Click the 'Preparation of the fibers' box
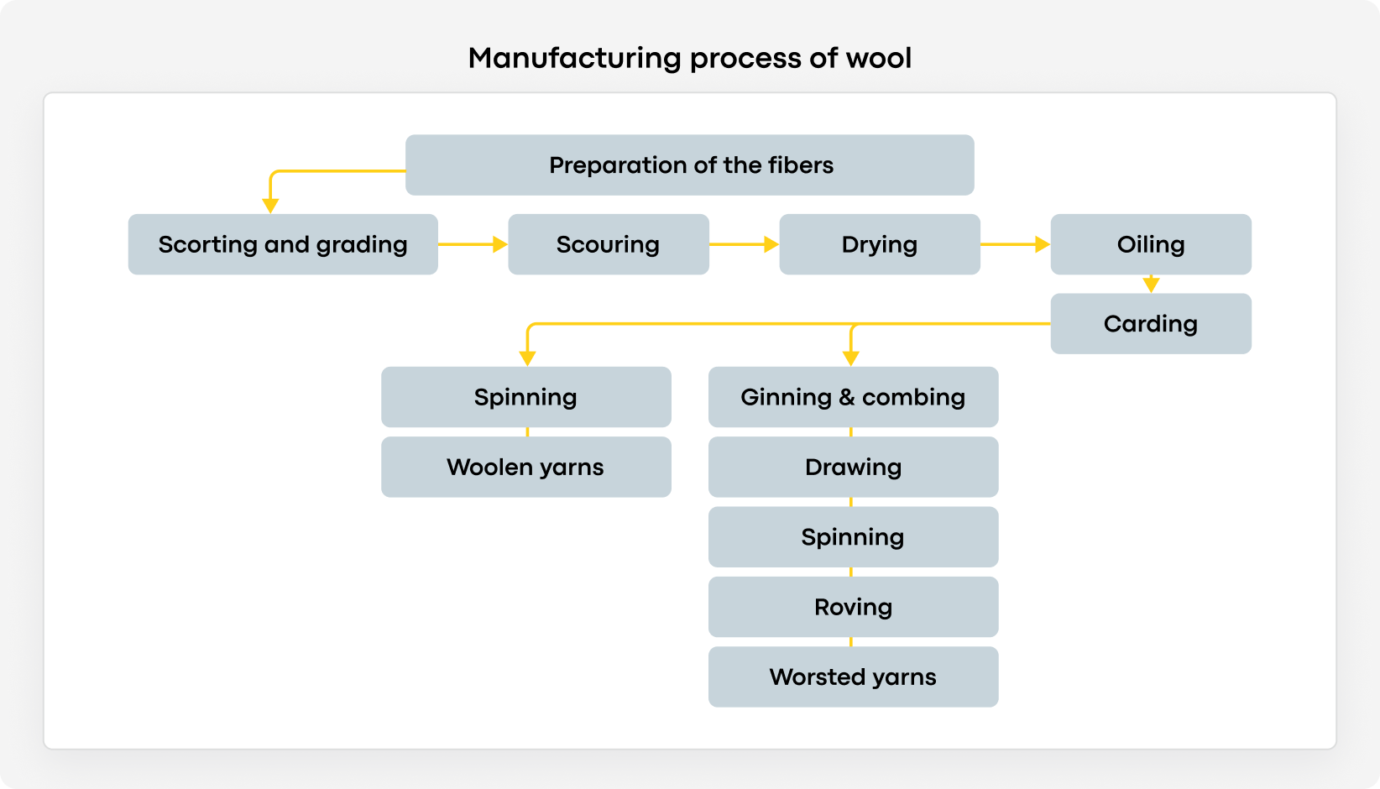[x=689, y=165]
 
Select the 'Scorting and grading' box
[x=283, y=244]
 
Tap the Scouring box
[x=608, y=244]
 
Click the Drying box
[x=879, y=244]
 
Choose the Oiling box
[x=1150, y=244]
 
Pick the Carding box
[x=1150, y=323]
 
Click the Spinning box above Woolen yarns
[x=525, y=397]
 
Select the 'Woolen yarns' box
[x=525, y=467]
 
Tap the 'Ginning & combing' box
[x=853, y=397]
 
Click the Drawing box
[x=853, y=467]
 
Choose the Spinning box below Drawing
[x=853, y=537]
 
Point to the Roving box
[x=853, y=607]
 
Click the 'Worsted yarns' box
[x=853, y=677]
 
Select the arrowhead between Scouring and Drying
[x=771, y=244]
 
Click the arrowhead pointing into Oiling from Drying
[x=1042, y=244]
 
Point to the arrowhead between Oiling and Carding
[x=1151, y=285]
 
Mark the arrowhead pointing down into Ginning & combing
[x=851, y=358]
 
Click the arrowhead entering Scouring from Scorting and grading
[x=499, y=244]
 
